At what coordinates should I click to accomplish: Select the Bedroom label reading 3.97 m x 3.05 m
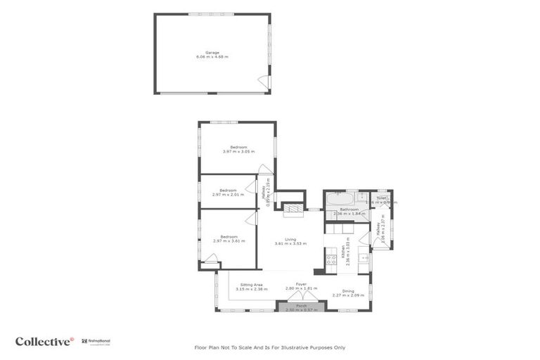click(238, 149)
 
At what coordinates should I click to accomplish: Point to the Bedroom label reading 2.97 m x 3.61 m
click(229, 239)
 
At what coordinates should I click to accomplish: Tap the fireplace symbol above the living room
click(292, 207)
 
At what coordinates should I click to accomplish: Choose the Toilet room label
click(381, 200)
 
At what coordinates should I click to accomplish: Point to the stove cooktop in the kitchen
click(330, 262)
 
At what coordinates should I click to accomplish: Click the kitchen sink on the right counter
click(364, 258)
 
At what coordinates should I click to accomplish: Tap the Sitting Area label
click(251, 286)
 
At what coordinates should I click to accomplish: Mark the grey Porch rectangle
click(301, 307)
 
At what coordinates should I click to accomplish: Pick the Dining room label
click(348, 292)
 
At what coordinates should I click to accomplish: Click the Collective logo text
click(44, 341)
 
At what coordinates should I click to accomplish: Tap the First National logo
click(95, 341)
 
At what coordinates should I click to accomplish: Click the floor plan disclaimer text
click(269, 347)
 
